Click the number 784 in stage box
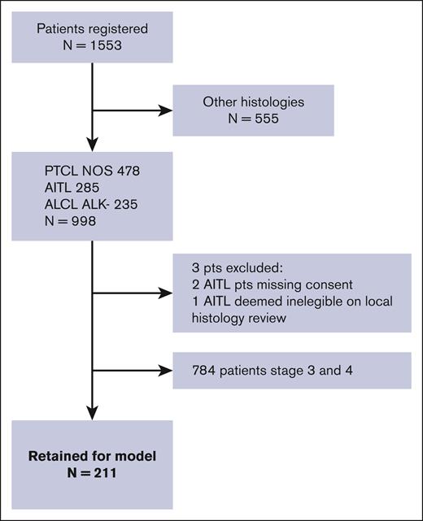tap(197, 374)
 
